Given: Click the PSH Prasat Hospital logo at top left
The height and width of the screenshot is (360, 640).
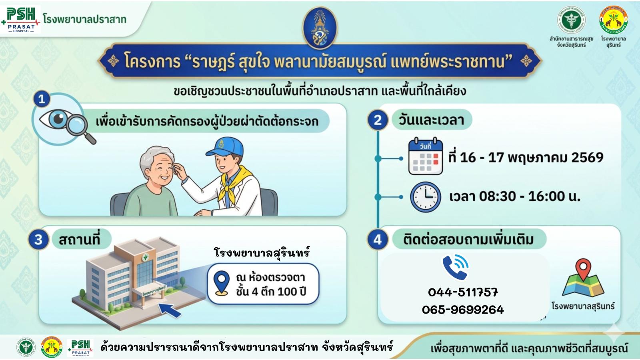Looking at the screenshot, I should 21,19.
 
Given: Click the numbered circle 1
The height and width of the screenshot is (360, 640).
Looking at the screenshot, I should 42,99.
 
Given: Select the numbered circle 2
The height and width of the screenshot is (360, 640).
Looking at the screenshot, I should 378,120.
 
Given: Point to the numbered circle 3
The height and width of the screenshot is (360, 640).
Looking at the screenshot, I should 38,240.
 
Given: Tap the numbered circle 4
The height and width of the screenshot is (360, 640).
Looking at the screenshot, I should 378,240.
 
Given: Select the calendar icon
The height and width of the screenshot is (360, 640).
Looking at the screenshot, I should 425,156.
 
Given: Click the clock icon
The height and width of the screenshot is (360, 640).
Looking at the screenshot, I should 425,197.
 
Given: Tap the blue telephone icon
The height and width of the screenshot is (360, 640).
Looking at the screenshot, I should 456,267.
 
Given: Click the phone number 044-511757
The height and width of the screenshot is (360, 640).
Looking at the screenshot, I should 463,292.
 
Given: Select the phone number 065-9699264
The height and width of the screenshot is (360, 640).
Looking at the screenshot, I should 463,310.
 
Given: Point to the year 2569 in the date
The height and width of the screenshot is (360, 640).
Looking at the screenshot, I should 587,158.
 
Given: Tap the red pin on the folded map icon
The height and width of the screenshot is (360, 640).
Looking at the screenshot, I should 583,268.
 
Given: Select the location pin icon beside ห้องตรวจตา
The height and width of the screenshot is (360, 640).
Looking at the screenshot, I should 222,282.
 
